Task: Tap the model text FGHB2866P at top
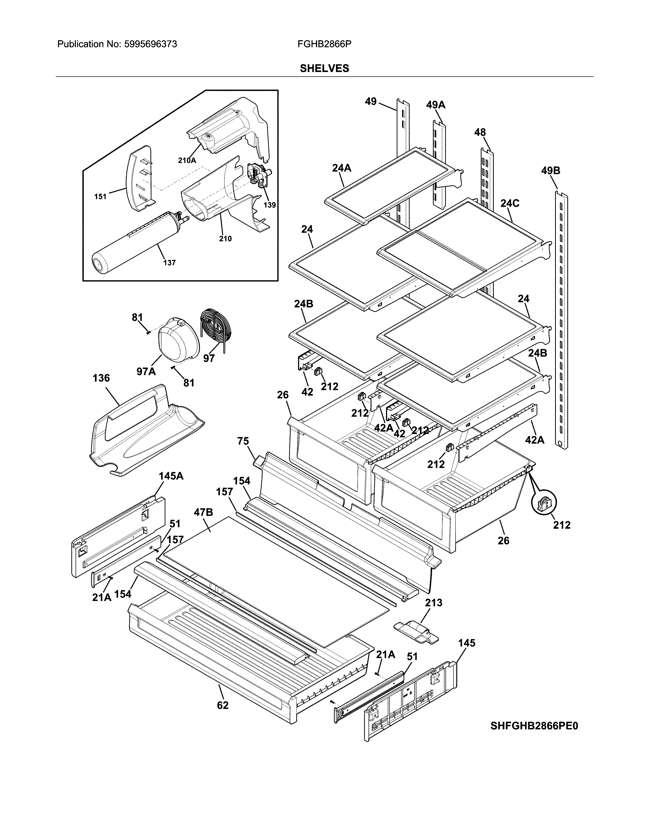324,44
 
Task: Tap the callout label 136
101,378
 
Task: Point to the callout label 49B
551,170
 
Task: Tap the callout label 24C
510,203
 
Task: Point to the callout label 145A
171,476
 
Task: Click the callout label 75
243,441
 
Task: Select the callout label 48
480,132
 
